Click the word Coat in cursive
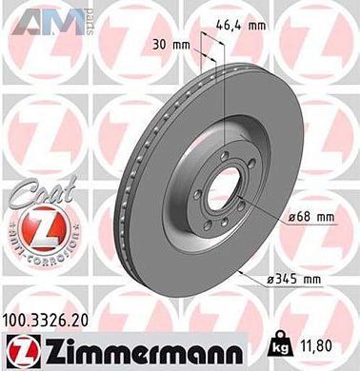[x=34, y=190]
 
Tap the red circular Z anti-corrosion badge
[x=34, y=228]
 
